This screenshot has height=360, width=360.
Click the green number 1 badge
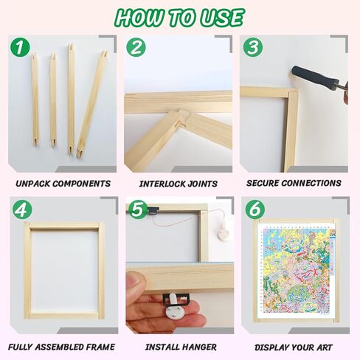[x=20, y=47]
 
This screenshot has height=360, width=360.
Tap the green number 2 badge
[x=136, y=47]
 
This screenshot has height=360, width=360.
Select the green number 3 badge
[x=253, y=47]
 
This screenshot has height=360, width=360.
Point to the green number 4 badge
[x=22, y=210]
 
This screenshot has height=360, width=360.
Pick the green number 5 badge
[x=139, y=210]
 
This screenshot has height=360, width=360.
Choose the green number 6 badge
[x=255, y=210]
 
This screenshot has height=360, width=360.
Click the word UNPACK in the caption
[x=33, y=184]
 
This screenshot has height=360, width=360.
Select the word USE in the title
[x=222, y=18]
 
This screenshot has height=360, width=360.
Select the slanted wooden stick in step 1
[x=91, y=104]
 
